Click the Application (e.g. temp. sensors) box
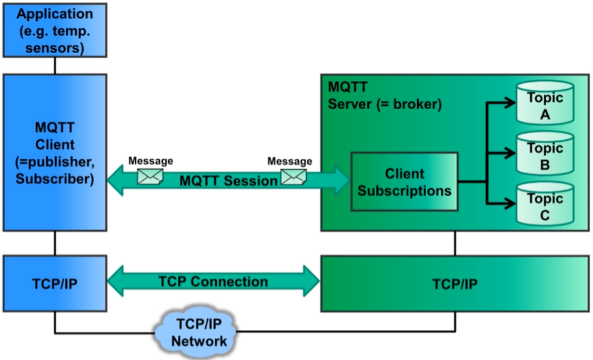(55, 30)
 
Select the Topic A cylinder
(545, 102)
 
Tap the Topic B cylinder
(545, 153)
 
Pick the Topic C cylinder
(545, 204)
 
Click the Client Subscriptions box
(404, 181)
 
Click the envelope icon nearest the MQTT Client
(150, 177)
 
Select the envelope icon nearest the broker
(294, 177)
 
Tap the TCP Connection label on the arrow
(213, 282)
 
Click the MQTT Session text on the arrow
(228, 181)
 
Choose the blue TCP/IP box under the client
(55, 284)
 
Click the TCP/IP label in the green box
(455, 284)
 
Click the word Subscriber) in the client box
(55, 179)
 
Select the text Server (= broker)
(384, 104)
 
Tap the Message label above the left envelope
(151, 161)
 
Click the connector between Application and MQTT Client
(55, 66)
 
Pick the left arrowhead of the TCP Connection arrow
(116, 281)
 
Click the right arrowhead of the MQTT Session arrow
(341, 181)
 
